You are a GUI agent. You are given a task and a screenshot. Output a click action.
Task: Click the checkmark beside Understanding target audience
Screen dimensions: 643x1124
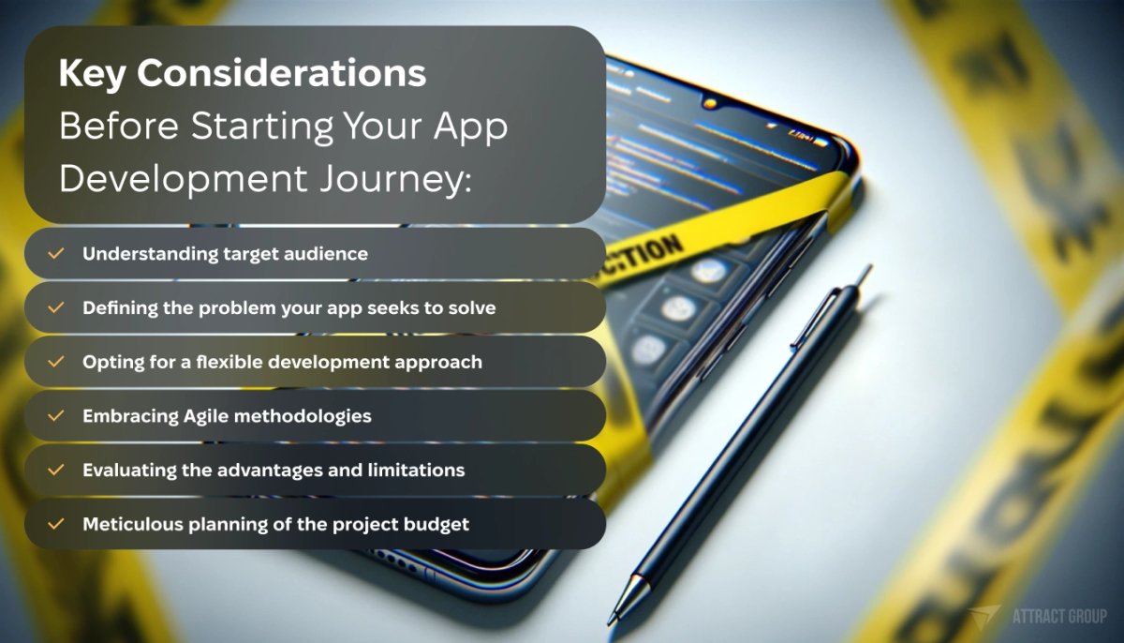click(x=56, y=254)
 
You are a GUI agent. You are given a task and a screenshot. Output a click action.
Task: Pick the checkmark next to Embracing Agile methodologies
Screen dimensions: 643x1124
click(x=56, y=415)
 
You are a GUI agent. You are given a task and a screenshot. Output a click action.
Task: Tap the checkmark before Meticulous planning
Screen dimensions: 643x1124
click(x=56, y=524)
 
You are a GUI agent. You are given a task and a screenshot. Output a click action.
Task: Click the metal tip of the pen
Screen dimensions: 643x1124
click(x=619, y=600)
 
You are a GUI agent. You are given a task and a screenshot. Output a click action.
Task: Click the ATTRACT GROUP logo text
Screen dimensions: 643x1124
click(x=1059, y=616)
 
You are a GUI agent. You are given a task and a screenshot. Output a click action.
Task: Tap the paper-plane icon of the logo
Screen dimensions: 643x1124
click(x=986, y=616)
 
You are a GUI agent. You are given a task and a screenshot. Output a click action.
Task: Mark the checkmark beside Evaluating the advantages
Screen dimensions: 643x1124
click(x=56, y=470)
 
